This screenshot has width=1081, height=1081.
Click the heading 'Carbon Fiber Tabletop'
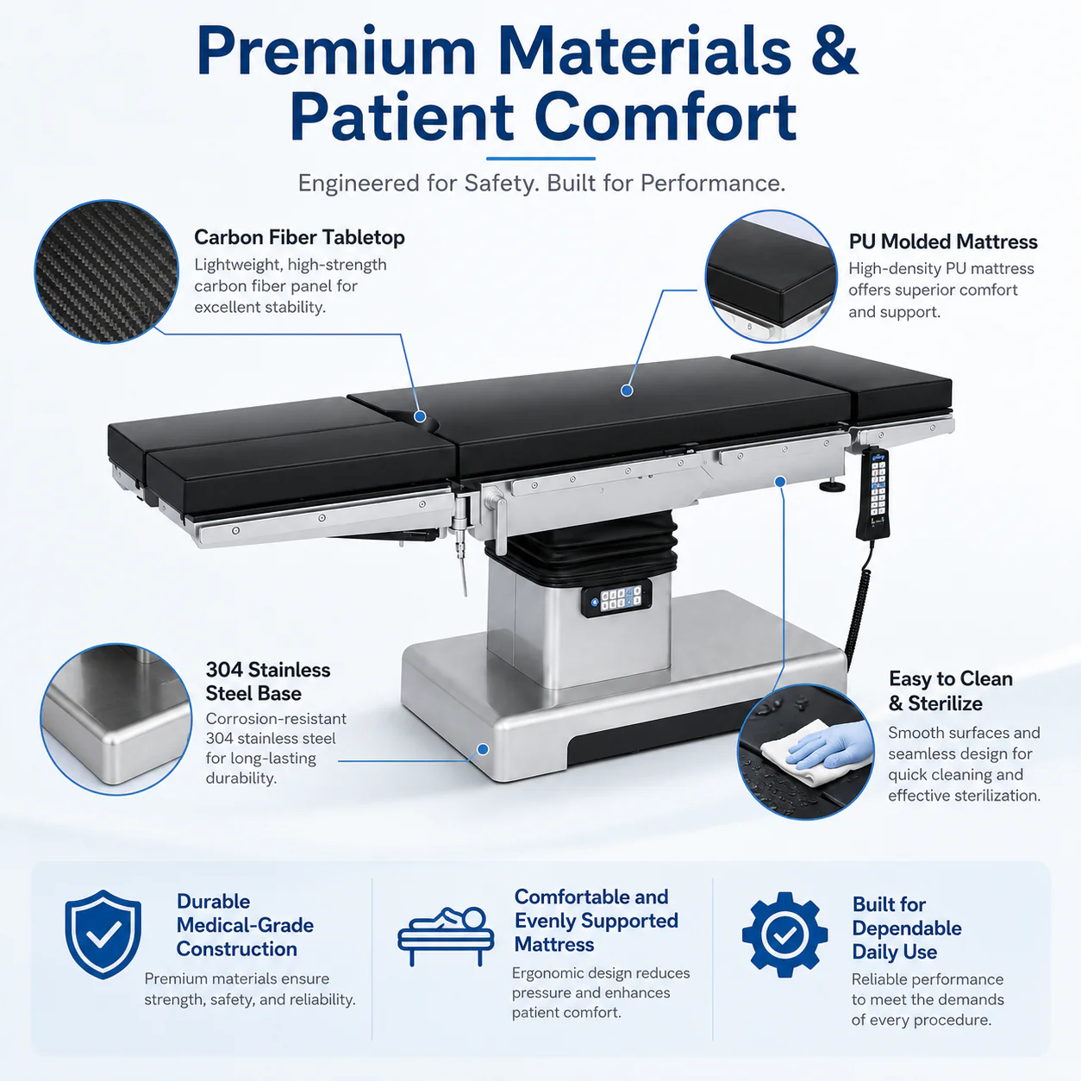point(299,237)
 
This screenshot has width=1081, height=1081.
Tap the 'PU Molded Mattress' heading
point(942,241)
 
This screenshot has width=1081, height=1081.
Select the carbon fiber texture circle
point(107,272)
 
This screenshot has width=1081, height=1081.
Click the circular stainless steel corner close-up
point(116,719)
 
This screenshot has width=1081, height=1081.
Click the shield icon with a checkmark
point(103,934)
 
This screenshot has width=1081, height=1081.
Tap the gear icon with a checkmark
point(784,934)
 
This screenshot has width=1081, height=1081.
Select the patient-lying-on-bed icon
point(446,935)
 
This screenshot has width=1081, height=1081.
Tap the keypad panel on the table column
point(616,598)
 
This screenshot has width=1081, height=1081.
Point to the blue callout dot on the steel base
point(483,749)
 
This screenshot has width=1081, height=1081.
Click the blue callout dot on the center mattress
point(628,391)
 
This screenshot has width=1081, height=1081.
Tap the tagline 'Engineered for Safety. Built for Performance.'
point(541,184)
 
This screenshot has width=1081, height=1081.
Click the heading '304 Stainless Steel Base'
point(267,682)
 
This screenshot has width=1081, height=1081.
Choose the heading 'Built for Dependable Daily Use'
point(907,928)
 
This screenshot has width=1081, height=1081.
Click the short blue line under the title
point(540,159)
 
